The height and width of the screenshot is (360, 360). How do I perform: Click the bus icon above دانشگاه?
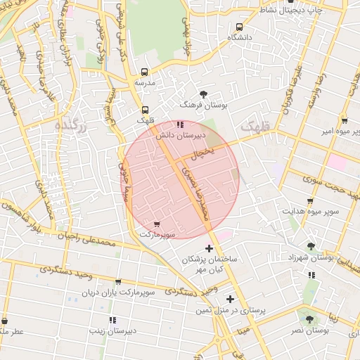(x=239, y=27)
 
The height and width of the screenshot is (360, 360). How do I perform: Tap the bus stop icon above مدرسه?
(x=145, y=72)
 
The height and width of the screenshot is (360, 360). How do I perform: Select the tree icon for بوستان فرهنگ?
(x=203, y=93)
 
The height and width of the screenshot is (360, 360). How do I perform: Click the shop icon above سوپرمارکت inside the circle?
(x=156, y=224)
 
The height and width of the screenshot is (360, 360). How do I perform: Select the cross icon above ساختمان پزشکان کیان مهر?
(x=209, y=247)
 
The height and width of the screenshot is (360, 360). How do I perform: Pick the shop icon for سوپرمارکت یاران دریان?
(x=117, y=281)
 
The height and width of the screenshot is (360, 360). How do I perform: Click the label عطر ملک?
(x=13, y=330)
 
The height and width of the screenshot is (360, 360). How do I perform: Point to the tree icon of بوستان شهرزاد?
(x=311, y=246)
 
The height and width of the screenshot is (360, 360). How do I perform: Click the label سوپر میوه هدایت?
(x=311, y=210)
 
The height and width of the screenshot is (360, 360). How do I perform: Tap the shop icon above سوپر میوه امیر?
(x=343, y=120)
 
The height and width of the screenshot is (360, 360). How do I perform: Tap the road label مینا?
(x=243, y=328)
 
